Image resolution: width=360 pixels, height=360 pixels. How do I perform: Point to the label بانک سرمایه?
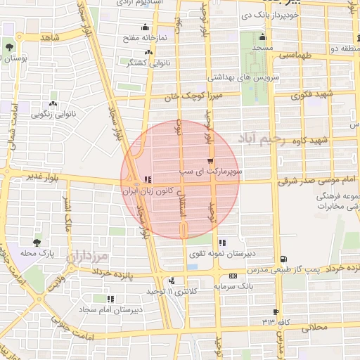point(235,287)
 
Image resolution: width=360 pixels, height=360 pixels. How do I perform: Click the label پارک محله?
point(37,252)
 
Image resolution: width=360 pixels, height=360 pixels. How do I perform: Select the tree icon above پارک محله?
point(37,241)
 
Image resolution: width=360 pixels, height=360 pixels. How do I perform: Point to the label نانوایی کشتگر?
point(130,63)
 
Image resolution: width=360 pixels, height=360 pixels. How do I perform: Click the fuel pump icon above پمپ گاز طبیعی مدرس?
point(283,259)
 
